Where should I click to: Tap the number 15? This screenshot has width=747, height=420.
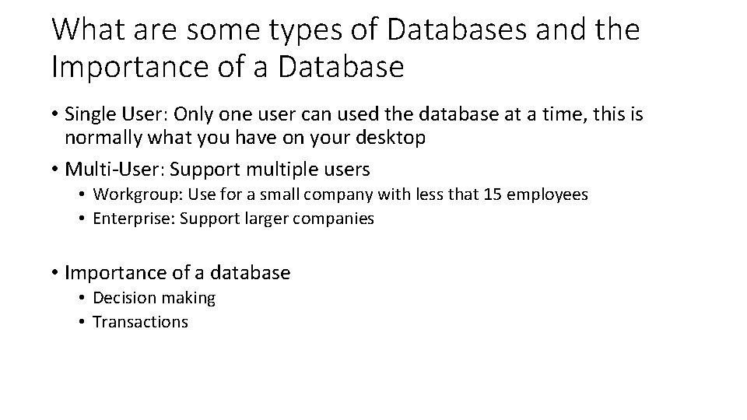(x=493, y=195)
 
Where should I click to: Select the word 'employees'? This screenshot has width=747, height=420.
(x=547, y=195)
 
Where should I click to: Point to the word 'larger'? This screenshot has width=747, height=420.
(x=267, y=219)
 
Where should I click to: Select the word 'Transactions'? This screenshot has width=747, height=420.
(x=140, y=321)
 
